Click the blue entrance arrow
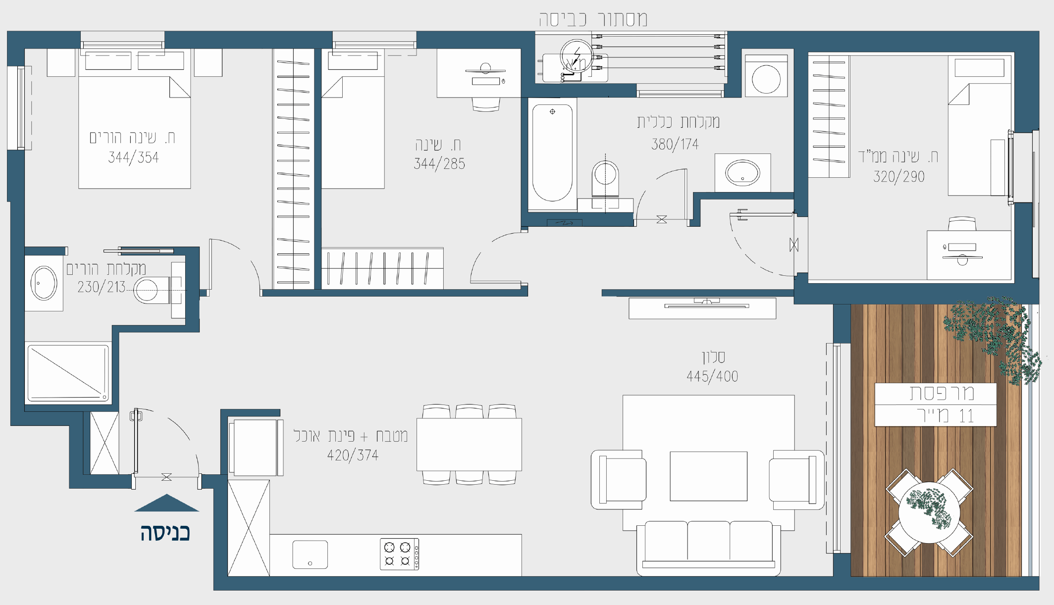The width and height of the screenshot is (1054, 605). click(x=166, y=504)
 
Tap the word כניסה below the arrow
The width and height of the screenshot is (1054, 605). click(x=165, y=533)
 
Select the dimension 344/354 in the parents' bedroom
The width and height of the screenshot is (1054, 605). click(x=134, y=157)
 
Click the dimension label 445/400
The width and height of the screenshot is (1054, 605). click(x=712, y=377)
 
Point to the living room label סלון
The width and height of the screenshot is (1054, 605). click(x=713, y=357)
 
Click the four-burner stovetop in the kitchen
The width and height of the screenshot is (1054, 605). click(x=399, y=554)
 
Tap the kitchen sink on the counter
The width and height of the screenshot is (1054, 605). click(x=310, y=555)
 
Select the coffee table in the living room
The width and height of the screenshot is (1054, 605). click(x=708, y=476)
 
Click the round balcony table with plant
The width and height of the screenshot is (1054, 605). click(x=929, y=512)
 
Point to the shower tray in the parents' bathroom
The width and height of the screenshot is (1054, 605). click(x=68, y=373)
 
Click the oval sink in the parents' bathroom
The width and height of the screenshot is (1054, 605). click(x=44, y=283)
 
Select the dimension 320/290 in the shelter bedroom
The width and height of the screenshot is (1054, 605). click(x=899, y=177)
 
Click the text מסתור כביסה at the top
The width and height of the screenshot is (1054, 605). click(x=593, y=19)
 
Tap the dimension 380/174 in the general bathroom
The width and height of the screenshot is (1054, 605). click(x=675, y=145)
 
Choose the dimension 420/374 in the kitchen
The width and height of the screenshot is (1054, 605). click(x=353, y=455)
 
